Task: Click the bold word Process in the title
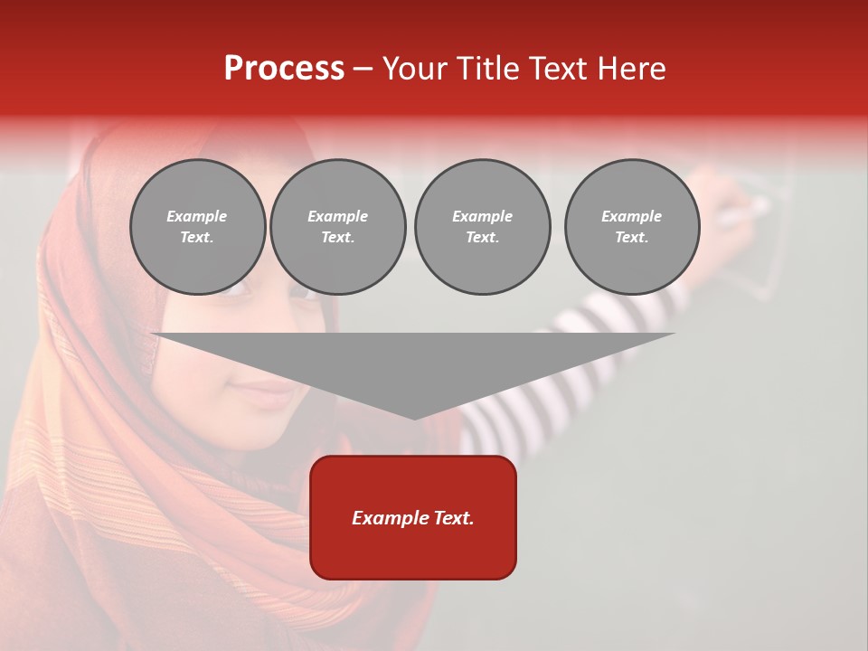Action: (284, 69)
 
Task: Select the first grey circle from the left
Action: (198, 227)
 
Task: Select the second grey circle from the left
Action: (338, 227)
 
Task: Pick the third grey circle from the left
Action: (482, 227)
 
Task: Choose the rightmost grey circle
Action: (632, 227)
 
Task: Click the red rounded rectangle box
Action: (413, 517)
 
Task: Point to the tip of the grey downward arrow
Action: (414, 418)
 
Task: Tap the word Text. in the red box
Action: (453, 518)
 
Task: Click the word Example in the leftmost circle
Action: (197, 216)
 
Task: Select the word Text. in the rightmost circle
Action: (632, 237)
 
